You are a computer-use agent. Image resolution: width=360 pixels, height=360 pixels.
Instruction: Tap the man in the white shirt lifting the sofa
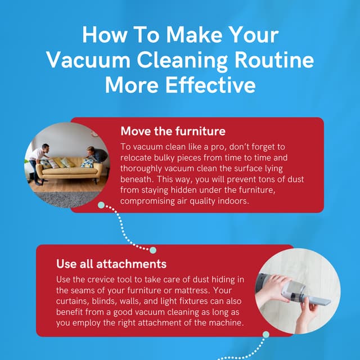point(39,160)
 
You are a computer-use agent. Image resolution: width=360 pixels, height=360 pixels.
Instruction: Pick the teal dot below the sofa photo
point(101,205)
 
